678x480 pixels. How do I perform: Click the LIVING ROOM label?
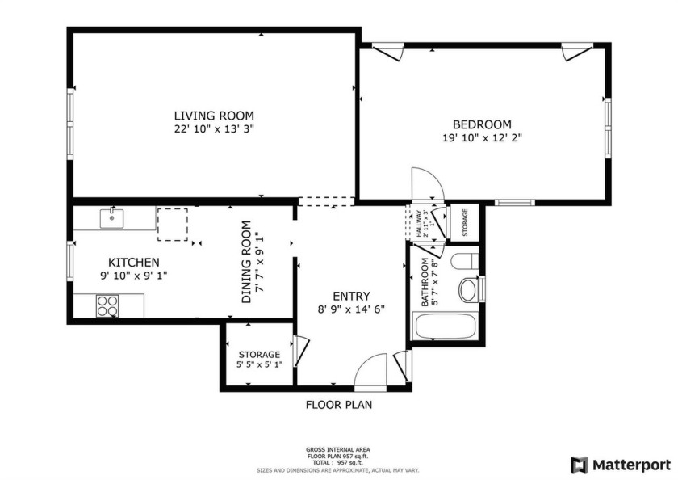tap(214, 115)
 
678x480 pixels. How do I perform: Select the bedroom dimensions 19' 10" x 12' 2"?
tap(482, 137)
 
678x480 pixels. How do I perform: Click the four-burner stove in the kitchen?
tap(107, 305)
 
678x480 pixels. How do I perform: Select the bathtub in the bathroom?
tap(445, 327)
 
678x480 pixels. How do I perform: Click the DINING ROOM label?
tap(245, 262)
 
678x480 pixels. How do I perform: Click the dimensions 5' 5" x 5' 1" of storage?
tap(259, 365)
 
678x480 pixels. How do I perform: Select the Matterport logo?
tap(620, 465)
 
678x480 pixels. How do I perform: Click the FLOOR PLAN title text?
tap(338, 405)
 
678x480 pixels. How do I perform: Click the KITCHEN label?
tap(133, 263)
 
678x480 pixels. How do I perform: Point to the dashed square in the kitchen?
tap(172, 224)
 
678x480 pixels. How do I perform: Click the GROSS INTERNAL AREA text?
tap(338, 449)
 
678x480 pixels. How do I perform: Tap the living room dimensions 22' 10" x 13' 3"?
tap(214, 128)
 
